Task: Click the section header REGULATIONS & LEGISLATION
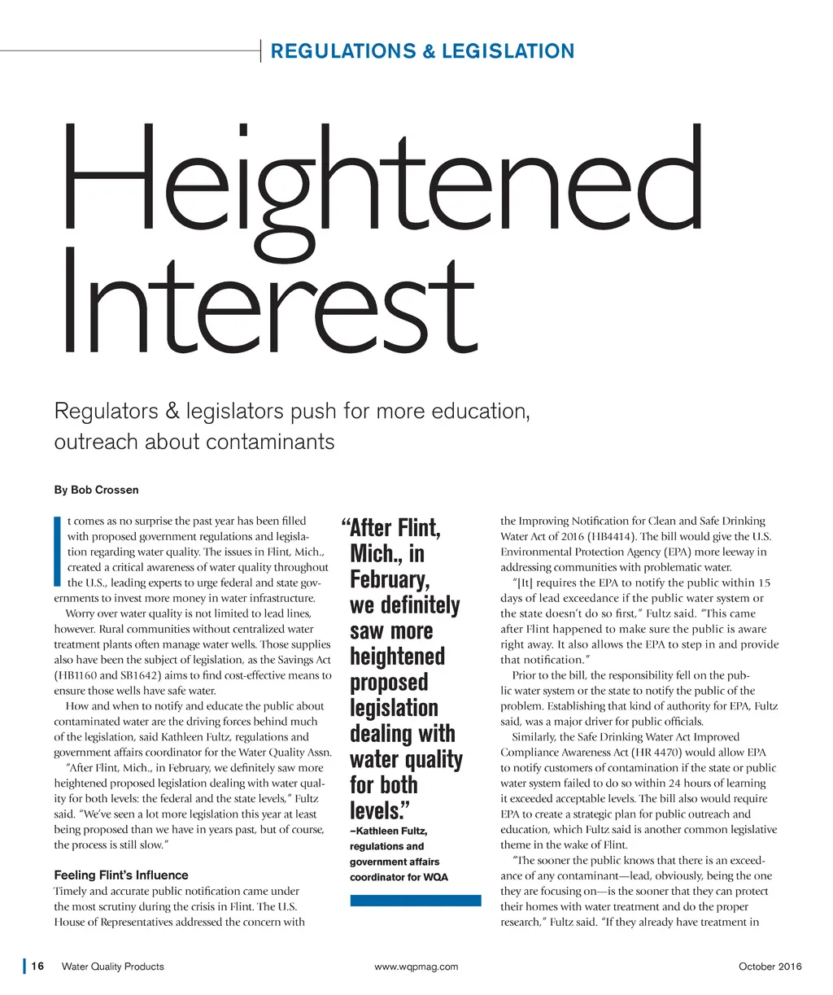pyautogui.click(x=421, y=51)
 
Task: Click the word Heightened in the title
pyautogui.click(x=381, y=179)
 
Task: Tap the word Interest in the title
pyautogui.click(x=266, y=305)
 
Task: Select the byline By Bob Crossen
pyautogui.click(x=96, y=490)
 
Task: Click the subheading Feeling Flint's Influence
pyautogui.click(x=120, y=875)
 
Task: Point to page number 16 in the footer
pyautogui.click(x=37, y=967)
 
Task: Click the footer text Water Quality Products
pyautogui.click(x=112, y=967)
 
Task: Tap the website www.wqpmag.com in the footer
pyautogui.click(x=416, y=967)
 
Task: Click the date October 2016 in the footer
pyautogui.click(x=770, y=967)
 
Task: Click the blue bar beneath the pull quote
pyautogui.click(x=415, y=900)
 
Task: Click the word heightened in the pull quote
pyautogui.click(x=397, y=657)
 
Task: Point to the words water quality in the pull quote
pyautogui.click(x=406, y=760)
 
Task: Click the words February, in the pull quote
pyautogui.click(x=389, y=580)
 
